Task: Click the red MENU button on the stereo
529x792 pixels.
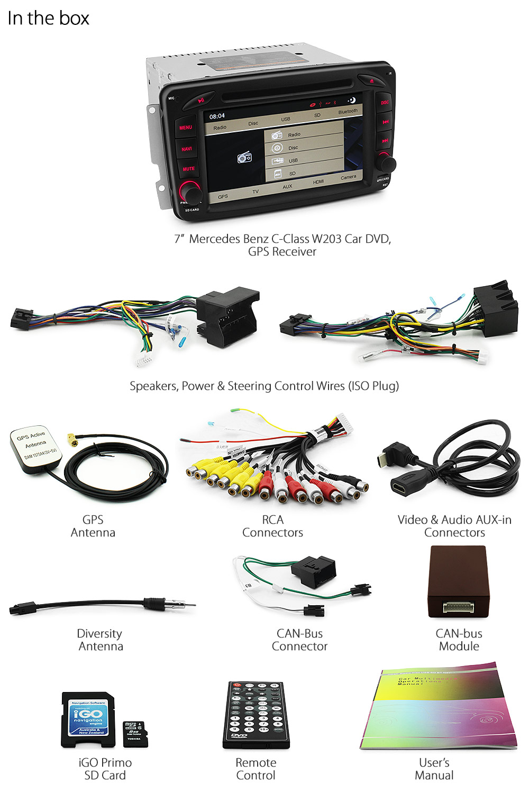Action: (x=186, y=128)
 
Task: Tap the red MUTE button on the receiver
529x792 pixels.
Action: (x=189, y=169)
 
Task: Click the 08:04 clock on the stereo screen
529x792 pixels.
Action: (x=217, y=116)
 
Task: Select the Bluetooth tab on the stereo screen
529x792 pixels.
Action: (x=348, y=112)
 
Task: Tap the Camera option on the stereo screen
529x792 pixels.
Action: (x=348, y=177)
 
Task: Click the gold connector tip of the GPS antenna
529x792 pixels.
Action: (x=71, y=439)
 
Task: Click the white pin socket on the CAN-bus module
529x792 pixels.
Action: (x=458, y=607)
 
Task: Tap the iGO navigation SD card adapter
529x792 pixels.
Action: (x=88, y=720)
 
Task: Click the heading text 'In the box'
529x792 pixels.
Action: (x=48, y=19)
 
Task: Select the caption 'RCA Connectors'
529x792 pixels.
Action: (x=272, y=526)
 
